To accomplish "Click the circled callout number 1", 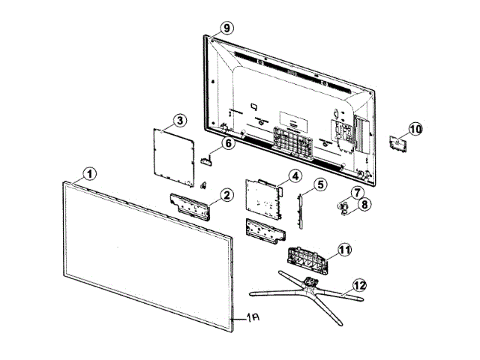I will [90, 174].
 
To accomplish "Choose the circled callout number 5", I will [320, 184].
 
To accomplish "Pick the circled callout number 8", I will [364, 204].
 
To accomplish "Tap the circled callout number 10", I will [415, 129].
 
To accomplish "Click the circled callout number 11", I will [344, 249].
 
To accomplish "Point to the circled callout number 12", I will [360, 285].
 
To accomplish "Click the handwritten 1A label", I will [251, 319].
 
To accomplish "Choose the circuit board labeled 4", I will [264, 198].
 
